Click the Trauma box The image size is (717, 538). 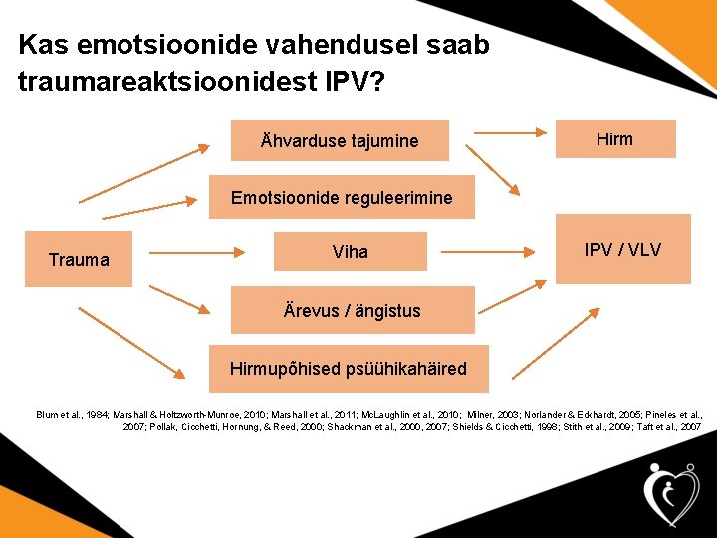(79, 259)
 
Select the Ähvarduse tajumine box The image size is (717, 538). (340, 140)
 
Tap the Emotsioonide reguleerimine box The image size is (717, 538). (342, 198)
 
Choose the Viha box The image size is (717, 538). (350, 252)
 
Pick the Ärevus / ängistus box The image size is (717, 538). (353, 310)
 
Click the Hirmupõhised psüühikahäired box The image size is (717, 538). (348, 368)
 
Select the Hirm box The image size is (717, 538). (614, 139)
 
